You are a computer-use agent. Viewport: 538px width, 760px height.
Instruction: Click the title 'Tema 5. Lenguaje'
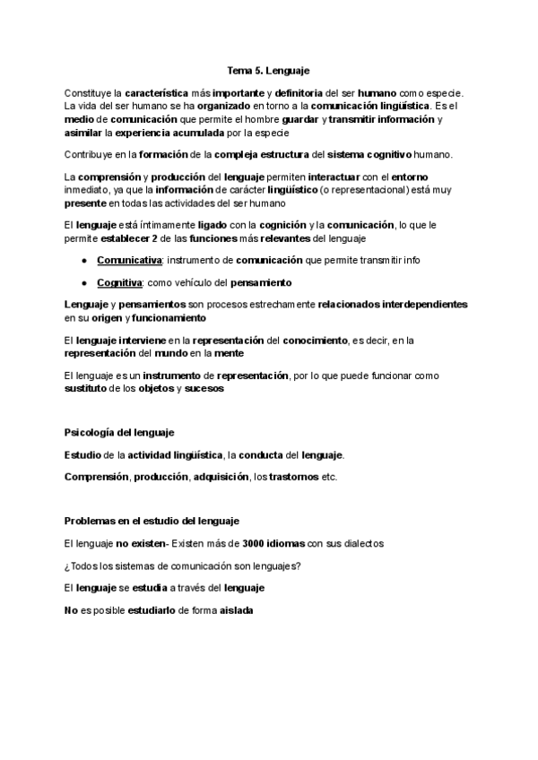click(269, 68)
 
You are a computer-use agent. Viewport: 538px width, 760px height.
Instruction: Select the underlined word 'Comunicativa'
click(128, 260)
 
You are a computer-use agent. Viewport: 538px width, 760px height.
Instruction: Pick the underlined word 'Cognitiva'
click(121, 282)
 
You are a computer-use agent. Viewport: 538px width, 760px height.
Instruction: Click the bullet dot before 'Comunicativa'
click(83, 260)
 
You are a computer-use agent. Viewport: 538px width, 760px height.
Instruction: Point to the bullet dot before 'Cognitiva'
click(83, 282)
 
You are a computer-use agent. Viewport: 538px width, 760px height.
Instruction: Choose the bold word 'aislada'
click(237, 610)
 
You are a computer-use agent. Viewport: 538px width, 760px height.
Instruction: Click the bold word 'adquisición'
click(220, 477)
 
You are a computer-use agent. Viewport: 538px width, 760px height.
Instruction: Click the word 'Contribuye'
click(91, 154)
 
